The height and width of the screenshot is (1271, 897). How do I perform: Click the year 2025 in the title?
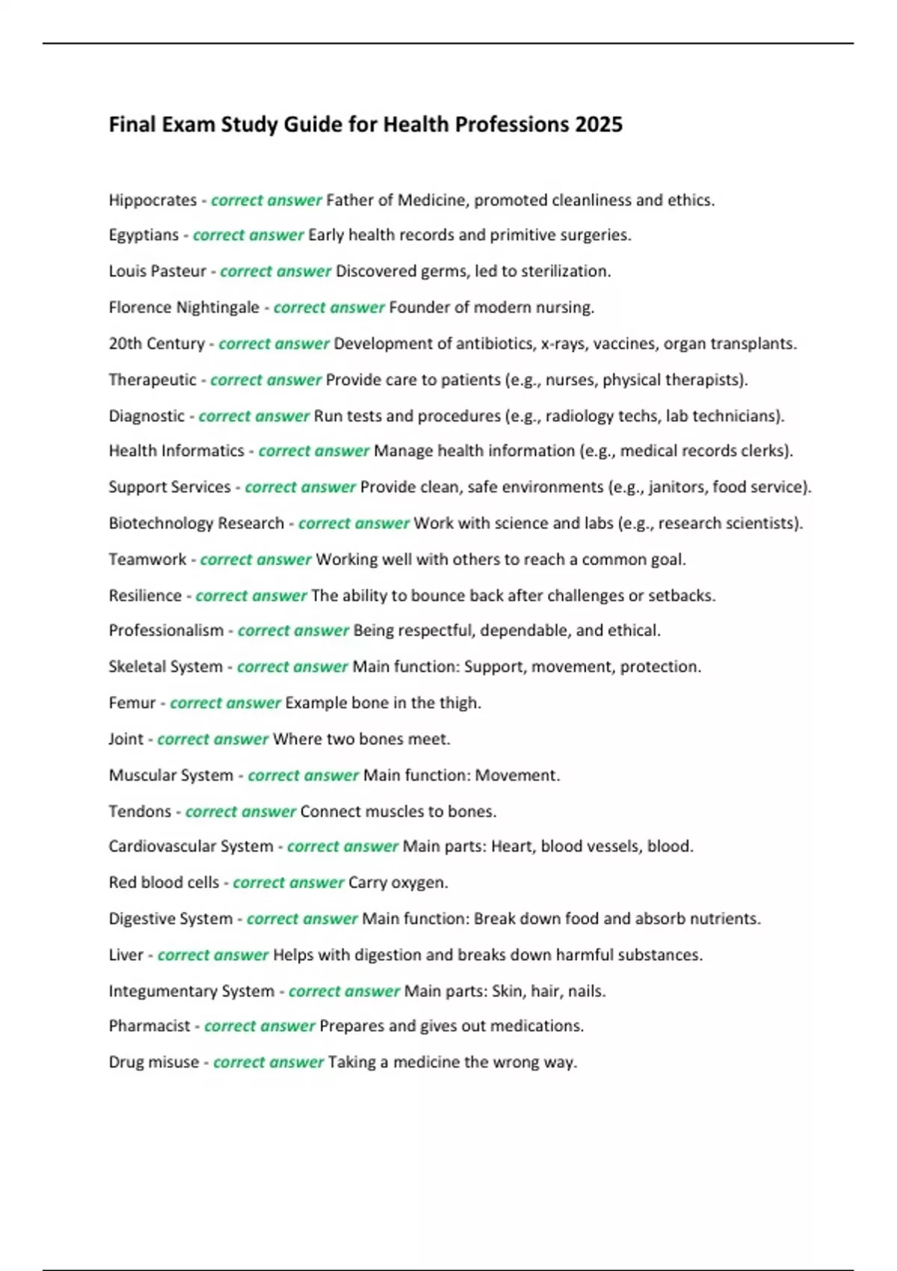pos(599,124)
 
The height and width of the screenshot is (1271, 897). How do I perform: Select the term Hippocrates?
pos(152,200)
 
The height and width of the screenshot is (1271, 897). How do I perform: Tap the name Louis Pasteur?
pos(157,271)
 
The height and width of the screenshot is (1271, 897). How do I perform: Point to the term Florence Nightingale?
pos(184,307)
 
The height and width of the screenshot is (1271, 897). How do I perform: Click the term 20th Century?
pos(156,344)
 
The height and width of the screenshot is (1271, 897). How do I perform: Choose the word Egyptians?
pos(144,235)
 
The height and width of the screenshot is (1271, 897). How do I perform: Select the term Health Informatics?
pos(176,451)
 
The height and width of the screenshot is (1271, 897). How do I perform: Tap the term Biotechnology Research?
pos(196,523)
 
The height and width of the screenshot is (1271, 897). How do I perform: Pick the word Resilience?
pos(145,596)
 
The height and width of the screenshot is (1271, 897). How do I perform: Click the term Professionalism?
pos(166,630)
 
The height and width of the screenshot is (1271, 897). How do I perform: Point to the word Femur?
pos(132,703)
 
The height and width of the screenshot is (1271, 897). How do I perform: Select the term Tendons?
pos(140,811)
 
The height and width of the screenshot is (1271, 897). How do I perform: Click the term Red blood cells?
pos(164,882)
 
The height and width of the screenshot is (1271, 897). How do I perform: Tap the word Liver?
pos(126,955)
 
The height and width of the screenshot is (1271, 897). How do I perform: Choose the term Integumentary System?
pos(191,991)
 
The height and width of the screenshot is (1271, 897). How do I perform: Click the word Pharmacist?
pos(149,1026)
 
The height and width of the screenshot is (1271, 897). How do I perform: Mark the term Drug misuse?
pos(154,1062)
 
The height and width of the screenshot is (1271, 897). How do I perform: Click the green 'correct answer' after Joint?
pos(212,739)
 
